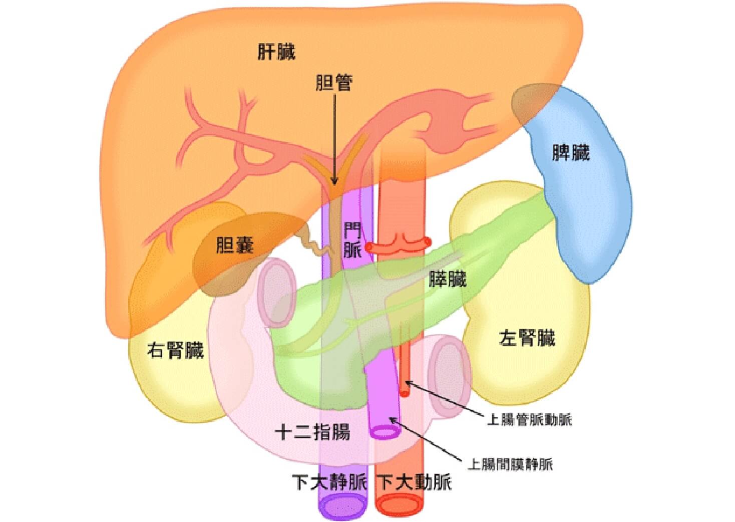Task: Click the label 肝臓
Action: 276,52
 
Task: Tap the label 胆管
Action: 334,83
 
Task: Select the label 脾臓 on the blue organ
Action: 571,153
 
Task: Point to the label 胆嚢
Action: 235,245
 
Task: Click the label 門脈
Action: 352,240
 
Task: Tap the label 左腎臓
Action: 527,338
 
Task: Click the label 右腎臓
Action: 175,350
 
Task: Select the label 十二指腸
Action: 313,431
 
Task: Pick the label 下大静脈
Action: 330,482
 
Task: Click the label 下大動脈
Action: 414,482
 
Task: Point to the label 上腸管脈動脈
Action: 529,420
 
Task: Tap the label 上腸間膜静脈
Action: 510,464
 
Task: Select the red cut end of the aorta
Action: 400,504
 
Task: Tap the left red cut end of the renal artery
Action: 369,247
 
